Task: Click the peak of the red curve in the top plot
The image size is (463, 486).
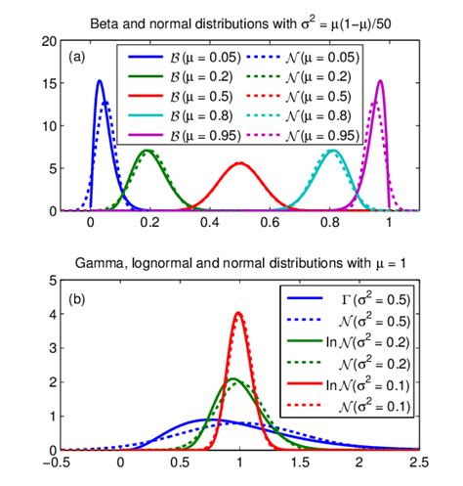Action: pos(238,163)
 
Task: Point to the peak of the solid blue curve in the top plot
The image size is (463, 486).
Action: pos(100,81)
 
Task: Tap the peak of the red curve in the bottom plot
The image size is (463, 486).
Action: pos(238,313)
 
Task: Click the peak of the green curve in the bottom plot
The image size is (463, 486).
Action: pos(232,378)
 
